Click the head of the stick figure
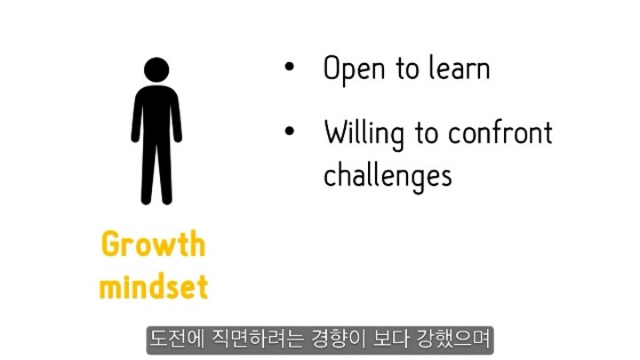coord(156,70)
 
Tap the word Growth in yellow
coord(153,244)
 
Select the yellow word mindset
coord(154,286)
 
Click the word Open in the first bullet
coord(354,69)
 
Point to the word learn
coord(460,68)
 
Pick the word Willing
coord(364,134)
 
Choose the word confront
coord(500,132)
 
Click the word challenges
coord(388,176)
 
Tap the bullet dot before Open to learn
coord(290,67)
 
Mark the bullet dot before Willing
coord(290,132)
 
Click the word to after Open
coord(407,68)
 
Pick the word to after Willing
coord(427,133)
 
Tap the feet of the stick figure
coord(156,200)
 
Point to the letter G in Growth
coord(110,244)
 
